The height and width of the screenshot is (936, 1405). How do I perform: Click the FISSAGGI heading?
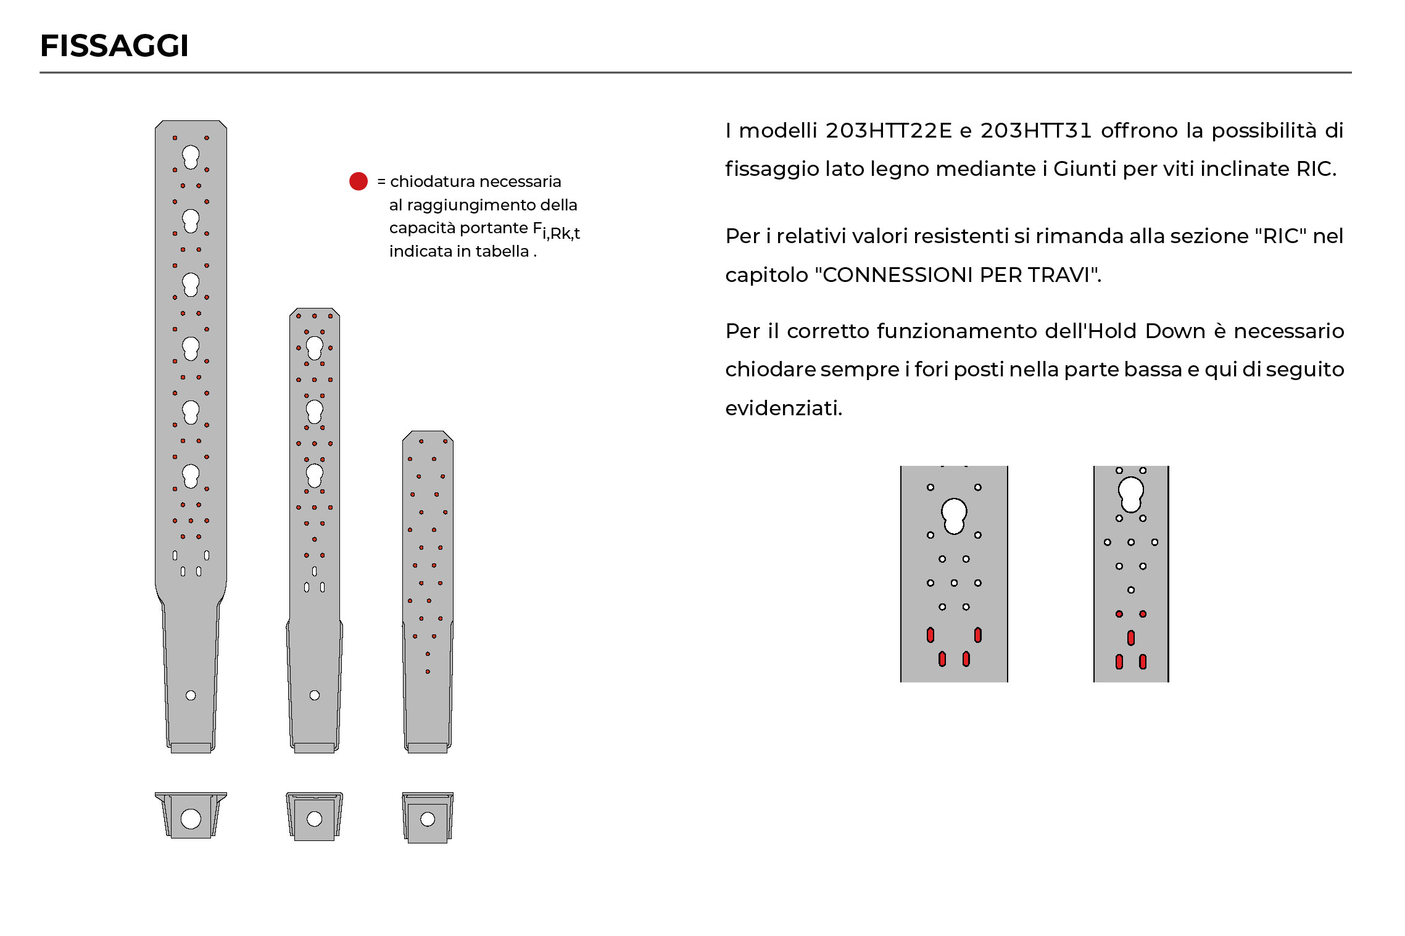114,46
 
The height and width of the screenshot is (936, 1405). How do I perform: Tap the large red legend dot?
359,181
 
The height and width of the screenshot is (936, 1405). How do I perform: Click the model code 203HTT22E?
889,131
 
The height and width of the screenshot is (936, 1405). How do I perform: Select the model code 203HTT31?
1036,131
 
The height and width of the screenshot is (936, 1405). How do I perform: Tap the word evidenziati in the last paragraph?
782,408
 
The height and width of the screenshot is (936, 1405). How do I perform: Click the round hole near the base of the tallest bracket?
191,695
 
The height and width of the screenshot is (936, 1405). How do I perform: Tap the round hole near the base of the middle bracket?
315,695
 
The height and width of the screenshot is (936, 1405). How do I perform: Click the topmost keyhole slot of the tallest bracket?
191,156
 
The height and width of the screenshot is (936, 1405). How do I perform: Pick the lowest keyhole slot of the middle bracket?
315,474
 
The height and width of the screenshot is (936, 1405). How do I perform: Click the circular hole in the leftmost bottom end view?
191,819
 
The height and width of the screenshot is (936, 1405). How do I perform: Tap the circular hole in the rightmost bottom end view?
428,819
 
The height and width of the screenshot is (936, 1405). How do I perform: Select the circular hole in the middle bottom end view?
315,819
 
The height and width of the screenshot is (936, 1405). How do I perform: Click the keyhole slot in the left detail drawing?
954,515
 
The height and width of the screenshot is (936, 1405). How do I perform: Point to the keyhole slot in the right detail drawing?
1131,494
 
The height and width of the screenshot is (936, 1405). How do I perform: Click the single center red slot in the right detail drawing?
1131,637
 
